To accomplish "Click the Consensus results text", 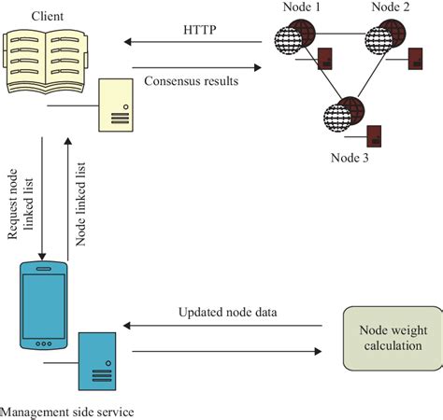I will coord(191,81).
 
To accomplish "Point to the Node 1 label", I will coord(304,8).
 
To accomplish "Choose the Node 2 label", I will coord(391,8).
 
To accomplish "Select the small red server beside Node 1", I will coord(326,58).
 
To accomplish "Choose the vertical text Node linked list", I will coord(81,200).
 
